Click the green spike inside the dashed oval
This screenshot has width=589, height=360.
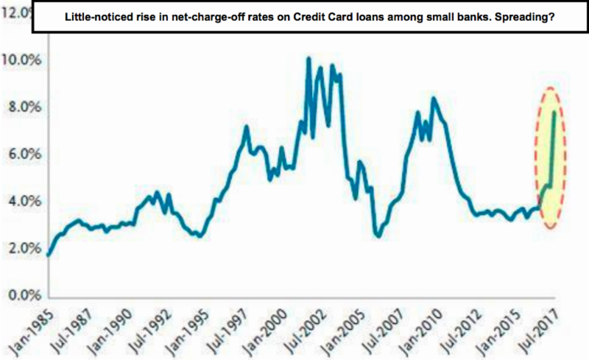tap(552, 147)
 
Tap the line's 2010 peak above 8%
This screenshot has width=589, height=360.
tap(434, 98)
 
